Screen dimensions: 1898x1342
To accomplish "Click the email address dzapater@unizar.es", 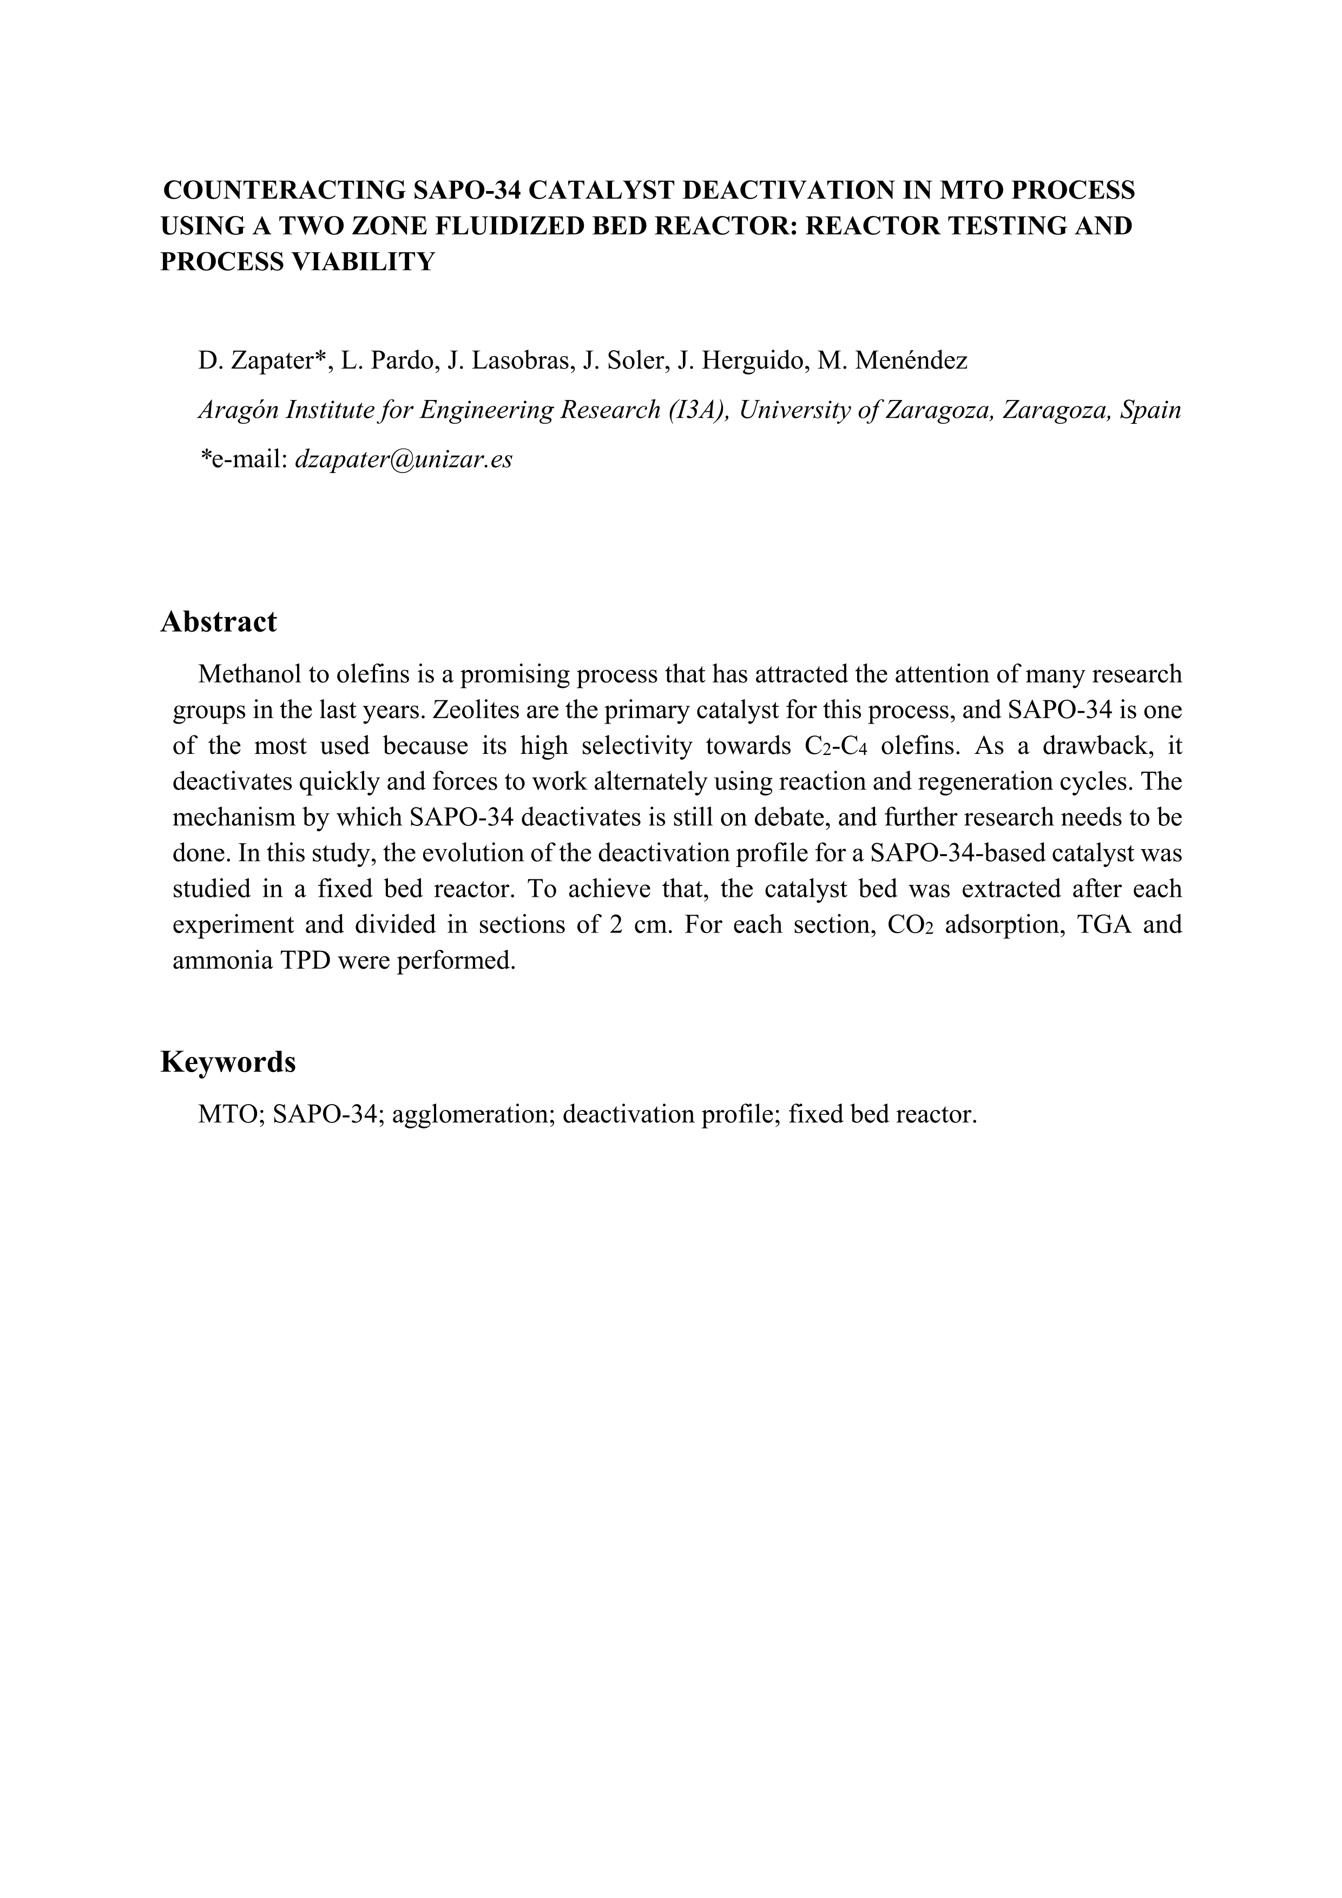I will [x=403, y=459].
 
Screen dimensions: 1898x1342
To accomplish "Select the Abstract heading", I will [x=218, y=622].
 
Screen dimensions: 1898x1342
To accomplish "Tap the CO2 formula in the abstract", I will [x=910, y=925].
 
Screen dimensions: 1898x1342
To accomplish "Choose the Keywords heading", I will [x=227, y=1062].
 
